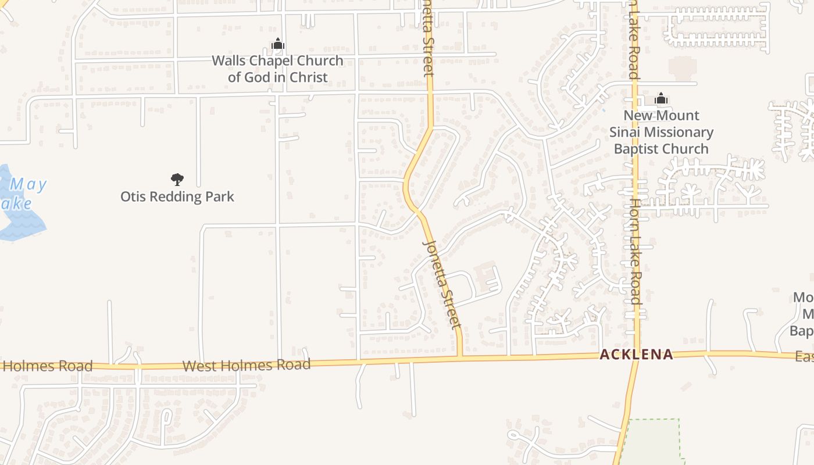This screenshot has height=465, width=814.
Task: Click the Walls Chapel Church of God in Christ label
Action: (277, 69)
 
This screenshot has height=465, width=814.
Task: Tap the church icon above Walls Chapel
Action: (278, 44)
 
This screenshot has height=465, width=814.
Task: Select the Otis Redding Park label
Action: (177, 196)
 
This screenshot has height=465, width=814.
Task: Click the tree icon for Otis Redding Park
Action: (177, 180)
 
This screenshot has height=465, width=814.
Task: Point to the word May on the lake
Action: (28, 185)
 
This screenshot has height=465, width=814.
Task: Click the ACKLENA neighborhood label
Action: (636, 354)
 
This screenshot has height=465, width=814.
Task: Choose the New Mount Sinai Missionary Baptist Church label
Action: (661, 132)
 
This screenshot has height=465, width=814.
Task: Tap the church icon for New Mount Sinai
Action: (661, 99)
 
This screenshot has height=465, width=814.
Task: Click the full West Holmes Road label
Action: (247, 365)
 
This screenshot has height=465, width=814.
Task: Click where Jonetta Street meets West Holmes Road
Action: (460, 358)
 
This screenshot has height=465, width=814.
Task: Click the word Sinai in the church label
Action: (624, 132)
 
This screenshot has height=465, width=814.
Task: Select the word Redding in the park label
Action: (177, 196)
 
